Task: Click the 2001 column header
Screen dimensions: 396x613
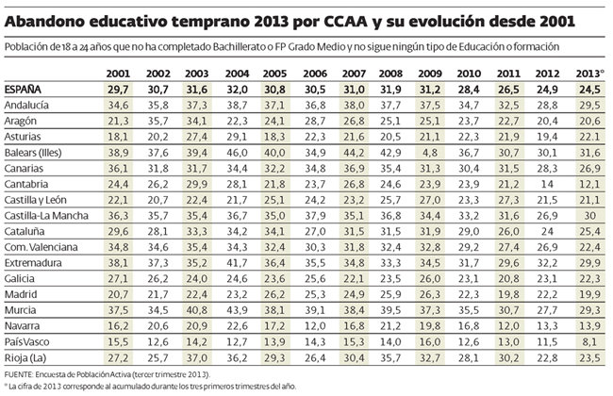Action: point(118,73)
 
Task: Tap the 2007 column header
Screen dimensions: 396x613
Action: point(355,73)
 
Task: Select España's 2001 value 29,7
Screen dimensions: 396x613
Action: point(118,89)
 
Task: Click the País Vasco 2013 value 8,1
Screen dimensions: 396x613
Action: point(590,341)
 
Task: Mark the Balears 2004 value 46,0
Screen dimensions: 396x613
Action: point(238,151)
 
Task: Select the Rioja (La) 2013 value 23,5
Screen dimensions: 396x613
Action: point(589,357)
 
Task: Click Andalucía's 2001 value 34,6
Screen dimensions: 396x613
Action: point(118,106)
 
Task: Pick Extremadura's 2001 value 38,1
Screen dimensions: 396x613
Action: point(118,261)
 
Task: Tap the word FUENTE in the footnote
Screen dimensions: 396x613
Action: point(21,374)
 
